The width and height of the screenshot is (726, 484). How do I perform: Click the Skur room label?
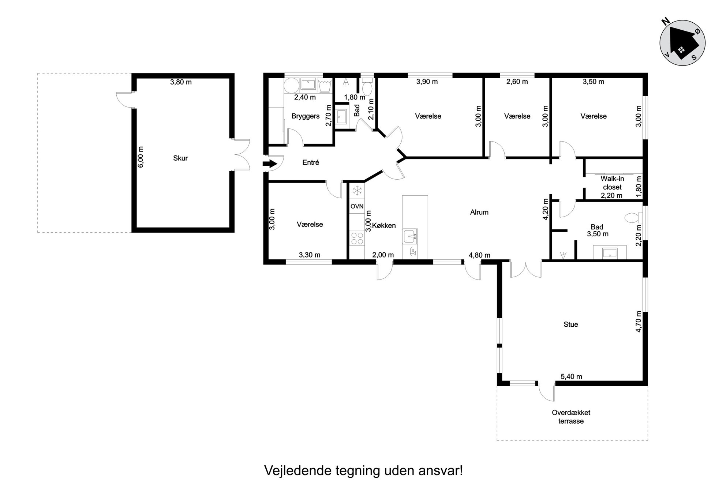coord(180,158)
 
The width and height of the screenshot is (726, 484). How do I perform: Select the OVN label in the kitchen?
coord(357,206)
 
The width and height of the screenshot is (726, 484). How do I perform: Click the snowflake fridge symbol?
coord(357,191)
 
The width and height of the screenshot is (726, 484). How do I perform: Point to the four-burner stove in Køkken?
coord(357,238)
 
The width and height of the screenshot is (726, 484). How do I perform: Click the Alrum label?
coord(479,212)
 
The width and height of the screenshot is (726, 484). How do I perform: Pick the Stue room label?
coord(571,324)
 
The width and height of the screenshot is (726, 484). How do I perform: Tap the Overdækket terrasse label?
coord(571,417)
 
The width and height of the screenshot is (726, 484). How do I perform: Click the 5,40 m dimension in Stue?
coord(571,376)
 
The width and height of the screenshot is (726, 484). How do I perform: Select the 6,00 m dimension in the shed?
coord(141,157)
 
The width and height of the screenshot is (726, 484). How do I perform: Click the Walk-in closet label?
coord(612,183)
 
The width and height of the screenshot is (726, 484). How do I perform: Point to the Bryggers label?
coord(306,116)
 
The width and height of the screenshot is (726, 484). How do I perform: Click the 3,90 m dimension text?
coord(427,82)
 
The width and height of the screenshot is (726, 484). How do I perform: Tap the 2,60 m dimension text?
coord(517,82)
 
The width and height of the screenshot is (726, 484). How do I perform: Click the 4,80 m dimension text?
coord(479,255)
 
